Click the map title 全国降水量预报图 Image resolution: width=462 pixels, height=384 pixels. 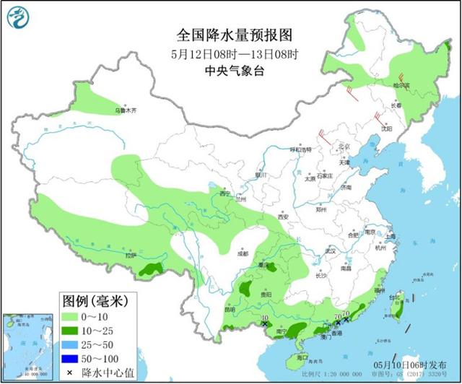coord(230,35)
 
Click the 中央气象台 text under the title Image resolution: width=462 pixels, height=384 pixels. coord(230,70)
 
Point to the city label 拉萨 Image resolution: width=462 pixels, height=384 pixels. coord(130,255)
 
